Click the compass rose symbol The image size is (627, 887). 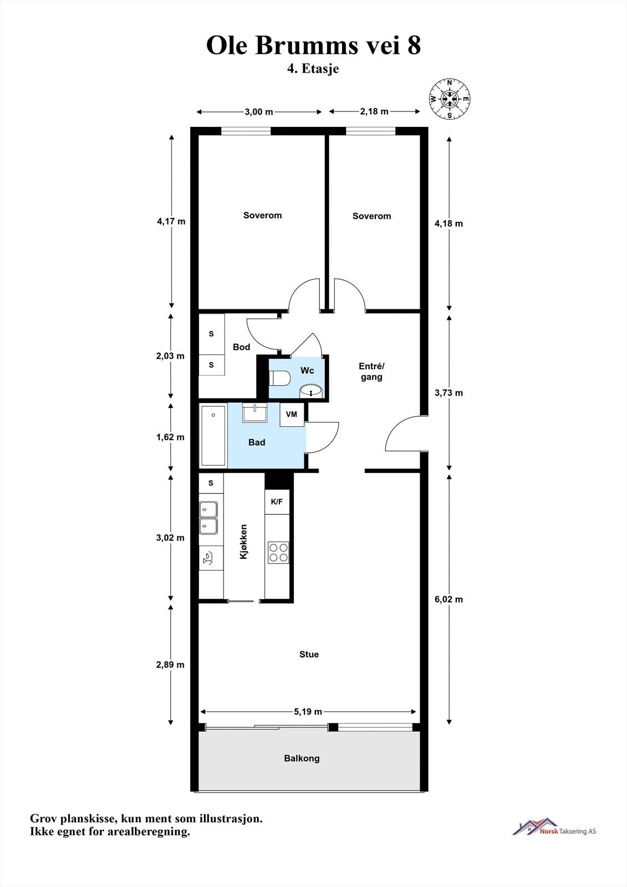pyautogui.click(x=450, y=99)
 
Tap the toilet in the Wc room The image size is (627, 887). pyautogui.click(x=279, y=378)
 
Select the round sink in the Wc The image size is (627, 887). pyautogui.click(x=312, y=391)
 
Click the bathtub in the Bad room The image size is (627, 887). pyautogui.click(x=213, y=436)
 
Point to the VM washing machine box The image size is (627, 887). pyautogui.click(x=292, y=415)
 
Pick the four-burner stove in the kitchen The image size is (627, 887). pyautogui.click(x=278, y=552)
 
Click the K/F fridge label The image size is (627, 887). pyautogui.click(x=277, y=502)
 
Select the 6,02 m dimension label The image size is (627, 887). pyautogui.click(x=448, y=599)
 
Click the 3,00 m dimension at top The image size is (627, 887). pyautogui.click(x=259, y=111)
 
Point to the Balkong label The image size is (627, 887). pyautogui.click(x=302, y=758)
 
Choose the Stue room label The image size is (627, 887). pyautogui.click(x=309, y=654)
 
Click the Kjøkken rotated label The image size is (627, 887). pyautogui.click(x=243, y=542)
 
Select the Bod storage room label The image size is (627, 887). pyautogui.click(x=242, y=347)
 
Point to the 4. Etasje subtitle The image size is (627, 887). pyautogui.click(x=313, y=69)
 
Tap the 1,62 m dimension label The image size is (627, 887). pyautogui.click(x=170, y=437)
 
